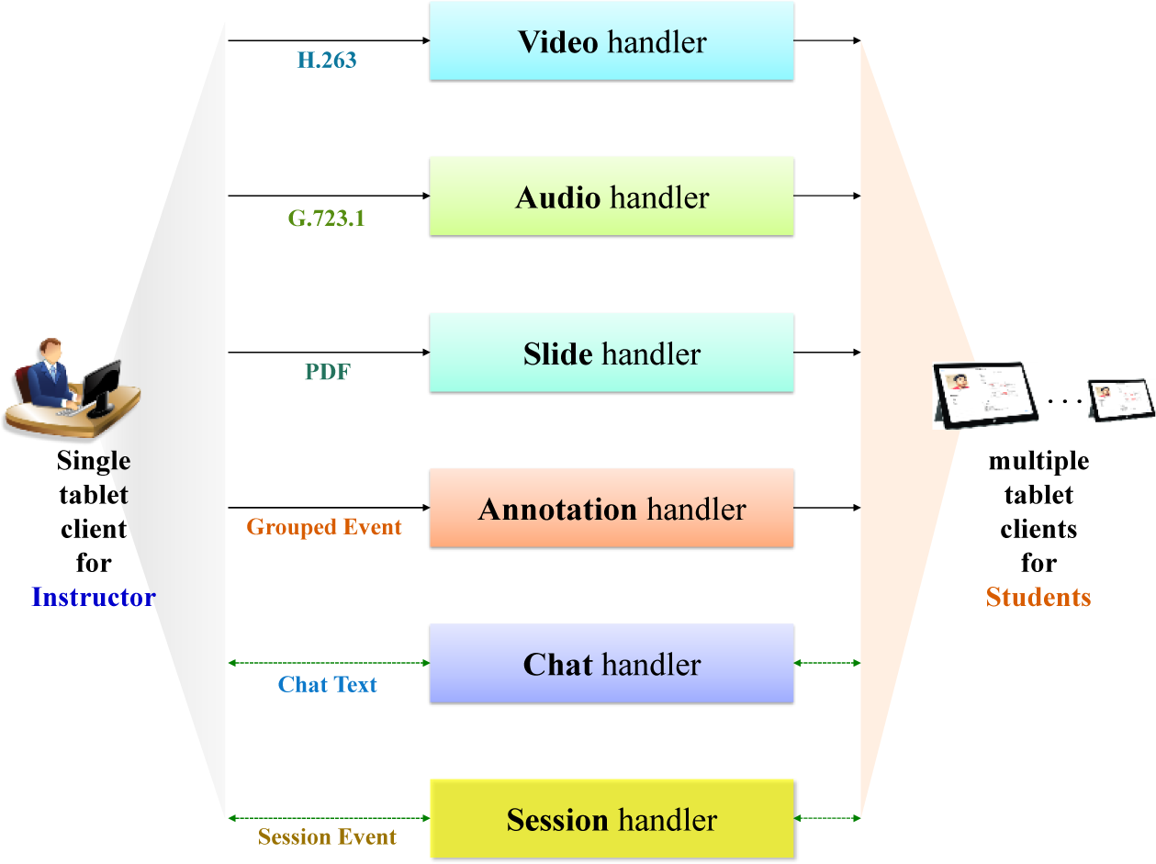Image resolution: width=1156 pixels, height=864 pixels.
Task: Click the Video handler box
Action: (x=612, y=41)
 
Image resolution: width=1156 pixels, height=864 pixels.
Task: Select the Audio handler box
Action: (x=612, y=196)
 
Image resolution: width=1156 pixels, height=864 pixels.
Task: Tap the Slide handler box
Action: (x=612, y=353)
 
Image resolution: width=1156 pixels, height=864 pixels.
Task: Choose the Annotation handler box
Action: (x=612, y=508)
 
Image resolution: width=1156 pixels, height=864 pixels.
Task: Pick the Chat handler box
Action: (x=612, y=663)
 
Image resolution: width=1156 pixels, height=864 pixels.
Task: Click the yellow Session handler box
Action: (x=612, y=818)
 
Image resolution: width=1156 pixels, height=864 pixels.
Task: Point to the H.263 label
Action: (x=327, y=62)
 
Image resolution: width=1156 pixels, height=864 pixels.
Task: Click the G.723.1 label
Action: (x=326, y=219)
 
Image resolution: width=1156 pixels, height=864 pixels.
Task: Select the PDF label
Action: (x=328, y=373)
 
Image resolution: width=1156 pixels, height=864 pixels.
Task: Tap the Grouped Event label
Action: (x=324, y=528)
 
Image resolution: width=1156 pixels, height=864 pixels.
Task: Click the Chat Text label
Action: (x=328, y=685)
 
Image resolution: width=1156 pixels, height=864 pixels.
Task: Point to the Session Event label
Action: (x=327, y=837)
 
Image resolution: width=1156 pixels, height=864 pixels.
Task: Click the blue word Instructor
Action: (x=94, y=598)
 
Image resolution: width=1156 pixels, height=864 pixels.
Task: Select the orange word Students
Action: (x=1038, y=598)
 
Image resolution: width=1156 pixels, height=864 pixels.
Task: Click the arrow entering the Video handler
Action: (x=329, y=40)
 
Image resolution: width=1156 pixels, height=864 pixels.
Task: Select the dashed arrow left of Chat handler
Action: (x=329, y=662)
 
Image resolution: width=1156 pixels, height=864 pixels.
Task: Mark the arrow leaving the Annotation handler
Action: (x=826, y=507)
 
